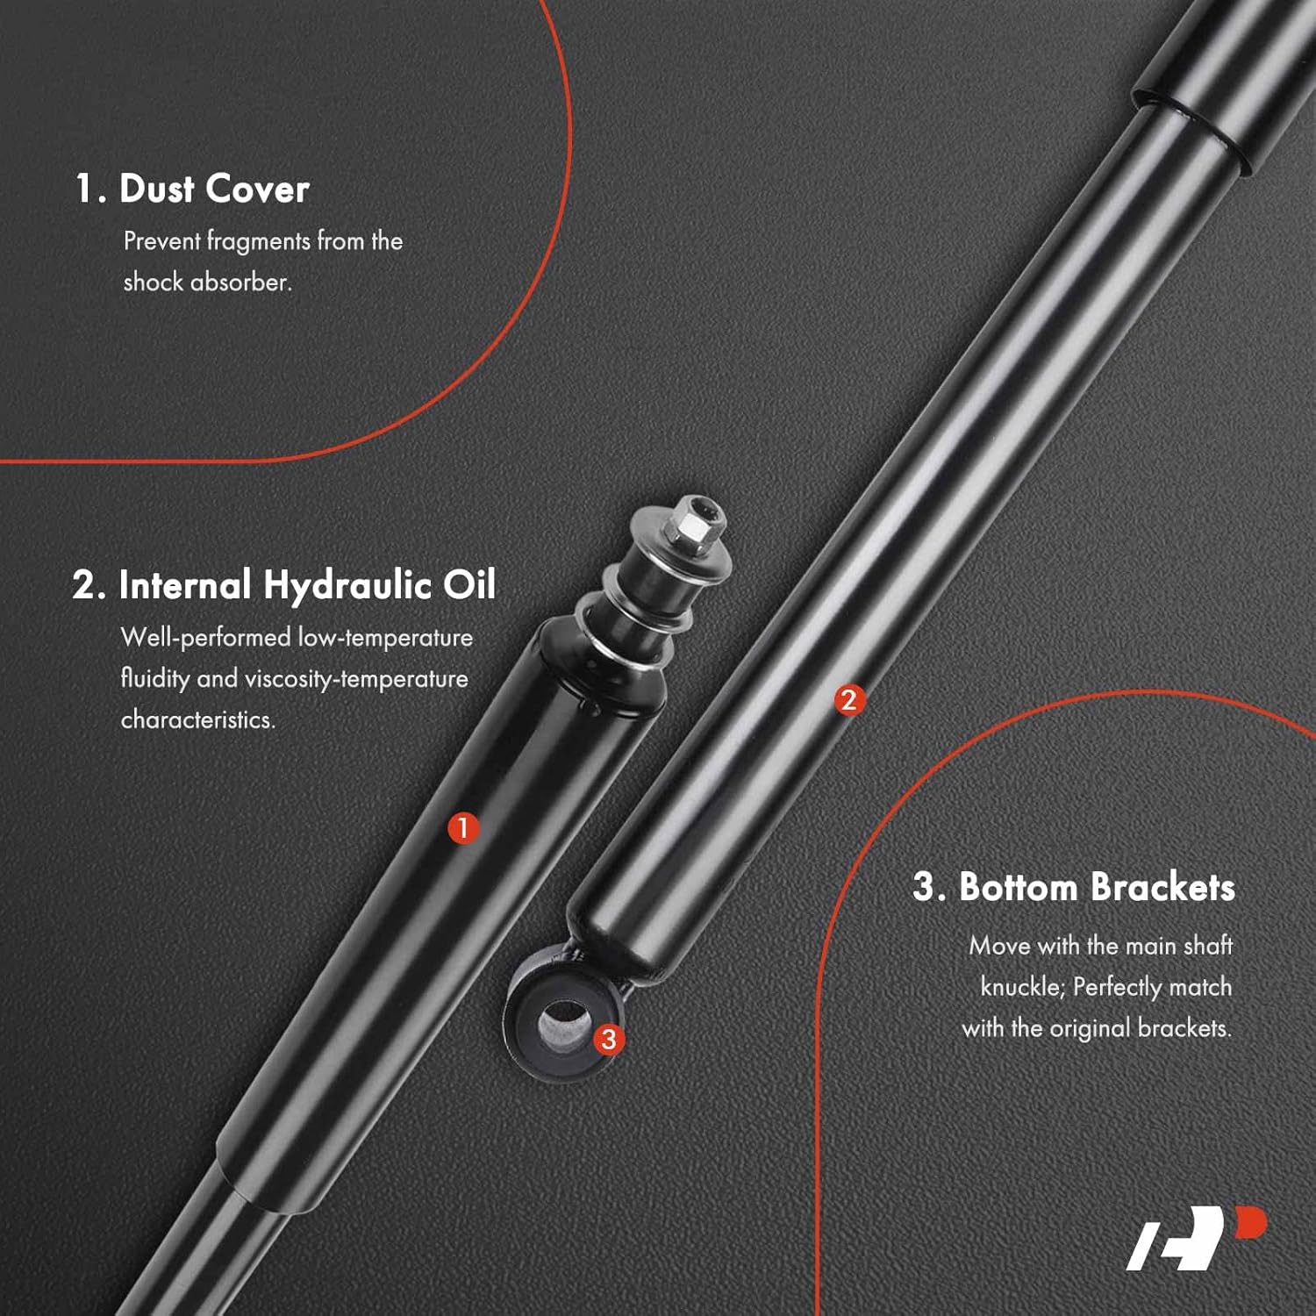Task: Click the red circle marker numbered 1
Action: click(463, 827)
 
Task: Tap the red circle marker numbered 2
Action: click(848, 700)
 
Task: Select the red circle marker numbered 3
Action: click(609, 1040)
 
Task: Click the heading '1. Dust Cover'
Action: click(192, 189)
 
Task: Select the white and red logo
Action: click(1197, 1238)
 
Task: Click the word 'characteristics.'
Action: click(198, 720)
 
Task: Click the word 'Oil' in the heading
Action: click(469, 586)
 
